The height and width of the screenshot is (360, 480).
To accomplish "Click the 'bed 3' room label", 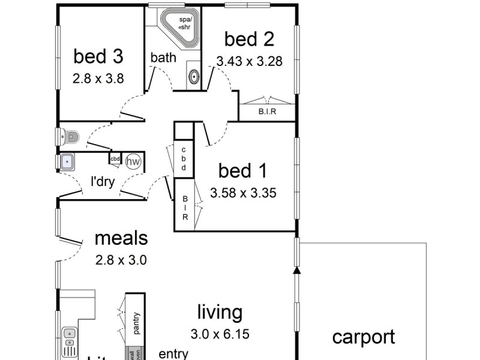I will [x=98, y=56].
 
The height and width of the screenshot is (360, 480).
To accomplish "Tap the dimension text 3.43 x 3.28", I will [x=249, y=61].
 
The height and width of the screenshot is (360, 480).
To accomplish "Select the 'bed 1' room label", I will [x=242, y=172].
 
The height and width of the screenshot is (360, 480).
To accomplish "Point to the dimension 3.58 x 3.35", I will [x=243, y=193].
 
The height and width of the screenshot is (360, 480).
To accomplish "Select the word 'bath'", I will [x=163, y=58].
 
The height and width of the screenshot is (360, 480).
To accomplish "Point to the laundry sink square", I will [x=67, y=161].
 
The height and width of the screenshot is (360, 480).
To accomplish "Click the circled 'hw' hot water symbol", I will [x=133, y=161].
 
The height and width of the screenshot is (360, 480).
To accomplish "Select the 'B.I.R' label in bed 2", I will [x=267, y=112].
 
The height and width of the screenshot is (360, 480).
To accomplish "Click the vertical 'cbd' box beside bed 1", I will [x=184, y=159].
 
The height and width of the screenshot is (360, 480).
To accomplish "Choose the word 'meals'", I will [x=121, y=238].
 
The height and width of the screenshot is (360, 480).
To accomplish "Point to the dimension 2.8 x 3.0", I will [x=121, y=260].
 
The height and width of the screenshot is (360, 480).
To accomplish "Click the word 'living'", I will [x=220, y=312].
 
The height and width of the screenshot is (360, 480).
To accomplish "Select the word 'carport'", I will [x=364, y=337].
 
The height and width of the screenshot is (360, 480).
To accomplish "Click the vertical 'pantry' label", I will [x=136, y=323].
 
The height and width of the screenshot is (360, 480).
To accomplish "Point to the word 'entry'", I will [x=173, y=354].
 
